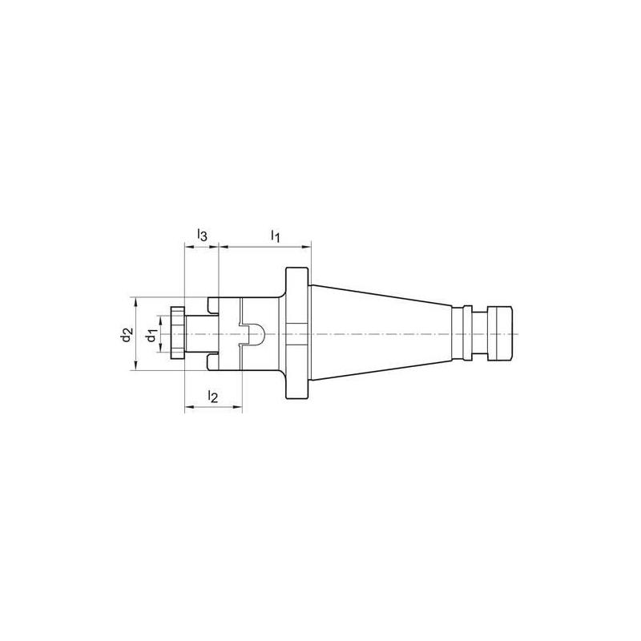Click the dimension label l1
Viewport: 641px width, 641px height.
click(274, 236)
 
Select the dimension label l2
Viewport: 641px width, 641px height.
click(212, 396)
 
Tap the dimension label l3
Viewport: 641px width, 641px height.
click(202, 236)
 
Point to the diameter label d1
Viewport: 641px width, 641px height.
click(150, 336)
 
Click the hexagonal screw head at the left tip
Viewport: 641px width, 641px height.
click(178, 333)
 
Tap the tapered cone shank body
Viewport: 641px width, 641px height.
click(377, 333)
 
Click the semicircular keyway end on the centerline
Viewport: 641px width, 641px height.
click(258, 333)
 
